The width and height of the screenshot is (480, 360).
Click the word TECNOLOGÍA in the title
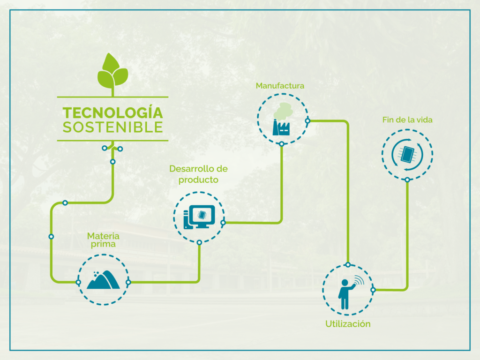(112, 112)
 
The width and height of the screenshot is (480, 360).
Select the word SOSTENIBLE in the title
(112, 127)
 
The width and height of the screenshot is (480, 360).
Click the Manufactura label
(280, 86)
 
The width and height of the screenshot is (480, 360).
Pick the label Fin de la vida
(407, 120)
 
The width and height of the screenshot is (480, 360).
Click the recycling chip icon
(407, 154)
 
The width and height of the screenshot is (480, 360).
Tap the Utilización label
(348, 324)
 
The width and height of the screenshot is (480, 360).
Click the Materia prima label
(103, 240)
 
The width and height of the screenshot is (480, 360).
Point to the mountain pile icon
(103, 280)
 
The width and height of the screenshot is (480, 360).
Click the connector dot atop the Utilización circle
(348, 265)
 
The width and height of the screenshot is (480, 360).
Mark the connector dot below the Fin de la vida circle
(407, 180)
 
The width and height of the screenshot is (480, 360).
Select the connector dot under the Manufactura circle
(282, 144)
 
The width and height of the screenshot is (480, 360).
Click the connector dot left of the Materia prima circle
(78, 282)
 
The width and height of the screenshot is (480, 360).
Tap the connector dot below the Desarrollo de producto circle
(199, 242)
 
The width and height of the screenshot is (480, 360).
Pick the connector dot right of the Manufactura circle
(307, 121)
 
